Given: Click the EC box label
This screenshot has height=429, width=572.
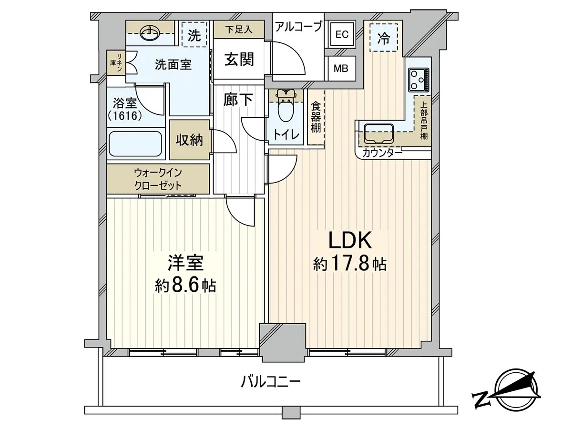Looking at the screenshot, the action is point(342,34).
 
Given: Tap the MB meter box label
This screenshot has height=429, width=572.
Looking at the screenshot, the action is point(341,69).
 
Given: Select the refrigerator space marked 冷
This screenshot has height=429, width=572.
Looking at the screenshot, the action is point(384,38).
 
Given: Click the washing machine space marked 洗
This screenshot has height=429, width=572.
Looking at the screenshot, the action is point(194,34).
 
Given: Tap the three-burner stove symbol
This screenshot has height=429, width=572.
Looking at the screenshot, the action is point(418,80).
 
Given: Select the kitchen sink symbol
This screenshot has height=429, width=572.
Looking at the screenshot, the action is point(378,133).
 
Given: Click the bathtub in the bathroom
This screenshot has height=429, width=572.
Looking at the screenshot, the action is point(135,144).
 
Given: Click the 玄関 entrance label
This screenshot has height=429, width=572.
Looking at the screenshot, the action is point(239,60).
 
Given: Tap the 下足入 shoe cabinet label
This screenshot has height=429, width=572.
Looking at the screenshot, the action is point(239,30).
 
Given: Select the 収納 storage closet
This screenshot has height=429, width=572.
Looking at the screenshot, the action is point(189,140).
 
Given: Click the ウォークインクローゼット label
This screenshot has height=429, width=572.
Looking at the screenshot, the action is point(158,179).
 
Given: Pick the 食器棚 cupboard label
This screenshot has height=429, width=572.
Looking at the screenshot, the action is point(316,117).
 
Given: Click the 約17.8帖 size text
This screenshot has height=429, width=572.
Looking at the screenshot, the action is point(350,265).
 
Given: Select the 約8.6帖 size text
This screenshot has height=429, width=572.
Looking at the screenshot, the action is point(185,286).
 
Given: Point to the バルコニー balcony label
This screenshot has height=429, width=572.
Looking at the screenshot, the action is point(271,382).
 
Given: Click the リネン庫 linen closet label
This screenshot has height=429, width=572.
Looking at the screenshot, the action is point(116,62).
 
